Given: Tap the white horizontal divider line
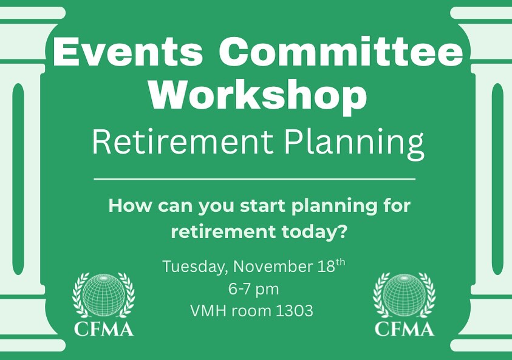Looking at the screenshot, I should coord(255,179).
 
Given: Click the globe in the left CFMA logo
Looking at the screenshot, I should coord(103,295).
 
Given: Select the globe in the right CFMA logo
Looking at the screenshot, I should coord(404,295).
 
